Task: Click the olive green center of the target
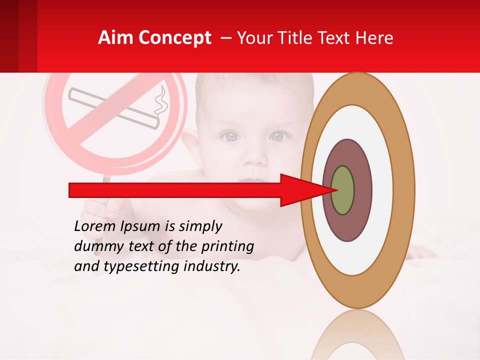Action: pyautogui.click(x=342, y=190)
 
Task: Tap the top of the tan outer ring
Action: pyautogui.click(x=357, y=88)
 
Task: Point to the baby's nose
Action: pyautogui.click(x=254, y=155)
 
